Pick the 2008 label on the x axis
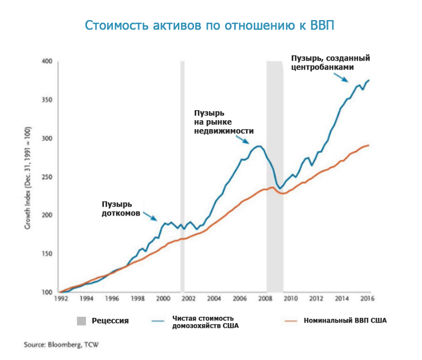pyautogui.click(x=266, y=298)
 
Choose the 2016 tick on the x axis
pyautogui.click(x=368, y=298)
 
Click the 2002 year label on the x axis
pyautogui.click(x=189, y=298)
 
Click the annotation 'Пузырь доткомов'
pyautogui.click(x=121, y=209)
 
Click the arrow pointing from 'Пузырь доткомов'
pyautogui.click(x=150, y=216)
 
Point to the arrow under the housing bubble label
pyautogui.click(x=244, y=140)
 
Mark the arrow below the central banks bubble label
pyautogui.click(x=341, y=77)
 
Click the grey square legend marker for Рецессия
pyautogui.click(x=81, y=320)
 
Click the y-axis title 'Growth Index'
pyautogui.click(x=27, y=177)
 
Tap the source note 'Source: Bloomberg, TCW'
pyautogui.click(x=61, y=345)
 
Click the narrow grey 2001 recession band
pyautogui.click(x=183, y=158)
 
